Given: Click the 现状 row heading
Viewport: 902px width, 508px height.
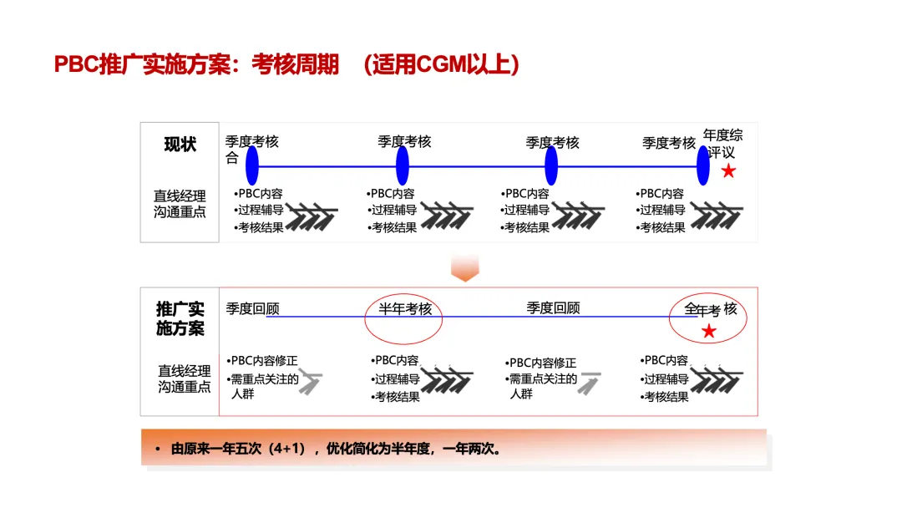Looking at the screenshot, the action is click(x=180, y=145).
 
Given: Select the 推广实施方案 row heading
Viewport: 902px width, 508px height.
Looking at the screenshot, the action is click(x=180, y=318).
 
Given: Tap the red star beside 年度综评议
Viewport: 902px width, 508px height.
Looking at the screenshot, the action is click(x=728, y=171).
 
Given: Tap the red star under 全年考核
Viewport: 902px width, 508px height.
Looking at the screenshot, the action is click(x=709, y=332).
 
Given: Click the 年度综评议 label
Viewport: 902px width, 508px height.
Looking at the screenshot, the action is click(x=722, y=143).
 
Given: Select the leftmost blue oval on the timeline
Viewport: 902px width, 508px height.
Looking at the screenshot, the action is click(x=252, y=165).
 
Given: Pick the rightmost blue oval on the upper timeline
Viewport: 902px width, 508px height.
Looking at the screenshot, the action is click(x=703, y=165).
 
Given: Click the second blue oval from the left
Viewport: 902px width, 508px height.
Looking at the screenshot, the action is click(x=403, y=165).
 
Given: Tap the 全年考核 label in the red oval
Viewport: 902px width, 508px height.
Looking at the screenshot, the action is click(x=711, y=309).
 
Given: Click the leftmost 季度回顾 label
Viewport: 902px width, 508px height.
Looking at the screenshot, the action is click(x=252, y=308).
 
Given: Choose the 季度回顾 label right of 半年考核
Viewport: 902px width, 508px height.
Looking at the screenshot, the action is click(x=553, y=307).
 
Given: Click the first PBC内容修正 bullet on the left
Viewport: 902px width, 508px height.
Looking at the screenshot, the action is click(x=264, y=361).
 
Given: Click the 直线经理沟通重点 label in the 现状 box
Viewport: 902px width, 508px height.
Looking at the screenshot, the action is click(x=180, y=204).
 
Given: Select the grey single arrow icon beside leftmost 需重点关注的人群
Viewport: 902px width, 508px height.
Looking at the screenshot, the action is click(x=311, y=383).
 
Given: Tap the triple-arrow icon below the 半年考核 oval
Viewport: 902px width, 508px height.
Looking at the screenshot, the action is click(x=447, y=379).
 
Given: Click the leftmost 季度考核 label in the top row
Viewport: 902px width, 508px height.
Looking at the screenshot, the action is click(x=251, y=141).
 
